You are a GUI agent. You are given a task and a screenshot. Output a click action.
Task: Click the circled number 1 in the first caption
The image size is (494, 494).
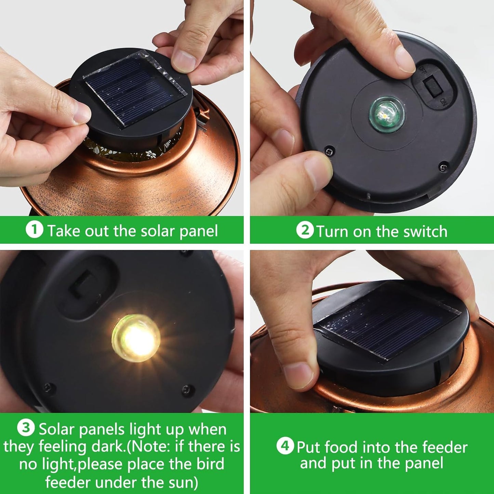click(x=34, y=230)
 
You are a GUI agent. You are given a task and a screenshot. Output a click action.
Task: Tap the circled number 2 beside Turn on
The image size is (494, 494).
click(x=305, y=230)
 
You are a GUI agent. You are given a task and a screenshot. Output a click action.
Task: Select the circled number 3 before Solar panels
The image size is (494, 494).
click(x=26, y=428)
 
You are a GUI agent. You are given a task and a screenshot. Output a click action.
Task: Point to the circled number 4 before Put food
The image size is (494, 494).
click(x=285, y=446)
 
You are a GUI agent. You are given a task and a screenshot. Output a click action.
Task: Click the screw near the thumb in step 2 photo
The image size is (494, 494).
click(x=330, y=151)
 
